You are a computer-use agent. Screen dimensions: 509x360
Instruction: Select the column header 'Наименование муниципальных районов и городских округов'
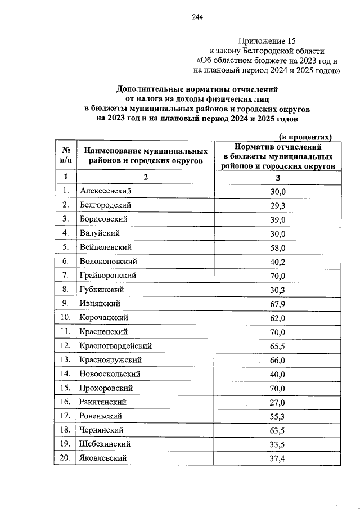point(146,156)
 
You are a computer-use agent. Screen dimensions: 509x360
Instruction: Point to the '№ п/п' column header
point(66,156)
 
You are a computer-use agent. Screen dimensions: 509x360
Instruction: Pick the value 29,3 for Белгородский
point(278,205)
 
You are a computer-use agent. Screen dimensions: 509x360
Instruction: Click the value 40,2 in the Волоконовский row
point(278,262)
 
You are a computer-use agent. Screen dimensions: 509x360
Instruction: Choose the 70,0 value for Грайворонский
point(278,276)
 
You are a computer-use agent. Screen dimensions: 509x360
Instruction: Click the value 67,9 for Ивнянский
point(278,304)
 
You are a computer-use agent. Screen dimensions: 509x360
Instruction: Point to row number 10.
point(66,318)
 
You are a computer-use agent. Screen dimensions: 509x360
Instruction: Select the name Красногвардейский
point(115,345)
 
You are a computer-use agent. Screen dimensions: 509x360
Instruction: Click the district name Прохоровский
point(106,388)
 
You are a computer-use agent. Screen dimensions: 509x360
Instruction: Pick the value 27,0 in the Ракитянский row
point(278,402)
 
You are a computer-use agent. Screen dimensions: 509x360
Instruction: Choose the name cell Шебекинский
point(106,444)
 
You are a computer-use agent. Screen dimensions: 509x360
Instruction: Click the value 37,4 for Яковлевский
point(278,458)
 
